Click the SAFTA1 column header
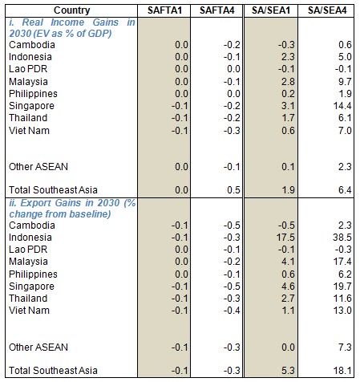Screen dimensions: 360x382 (x=164, y=10)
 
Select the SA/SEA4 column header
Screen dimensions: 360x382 (x=327, y=10)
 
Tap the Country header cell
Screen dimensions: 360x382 (x=71, y=10)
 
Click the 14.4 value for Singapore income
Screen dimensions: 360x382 (x=342, y=106)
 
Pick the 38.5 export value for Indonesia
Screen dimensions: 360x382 (x=342, y=238)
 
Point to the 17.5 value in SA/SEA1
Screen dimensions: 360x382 (x=285, y=238)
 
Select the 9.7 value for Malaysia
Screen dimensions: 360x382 (x=345, y=82)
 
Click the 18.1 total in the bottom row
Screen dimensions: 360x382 (x=342, y=371)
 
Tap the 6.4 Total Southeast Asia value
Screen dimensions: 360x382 (x=345, y=190)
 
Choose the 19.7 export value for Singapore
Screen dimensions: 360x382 (x=342, y=286)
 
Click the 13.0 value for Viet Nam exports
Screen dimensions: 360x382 (x=342, y=311)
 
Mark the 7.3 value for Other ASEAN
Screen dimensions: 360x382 (x=345, y=347)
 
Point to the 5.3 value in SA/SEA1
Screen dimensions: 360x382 (x=288, y=371)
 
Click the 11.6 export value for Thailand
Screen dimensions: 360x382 (x=342, y=299)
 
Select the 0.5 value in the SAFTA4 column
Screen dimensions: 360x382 (x=234, y=190)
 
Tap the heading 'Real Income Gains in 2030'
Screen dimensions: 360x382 (x=72, y=28)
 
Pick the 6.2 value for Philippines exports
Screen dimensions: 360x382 (x=345, y=274)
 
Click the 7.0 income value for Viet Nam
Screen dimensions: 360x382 (x=345, y=131)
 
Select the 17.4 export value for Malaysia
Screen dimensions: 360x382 (x=342, y=262)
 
